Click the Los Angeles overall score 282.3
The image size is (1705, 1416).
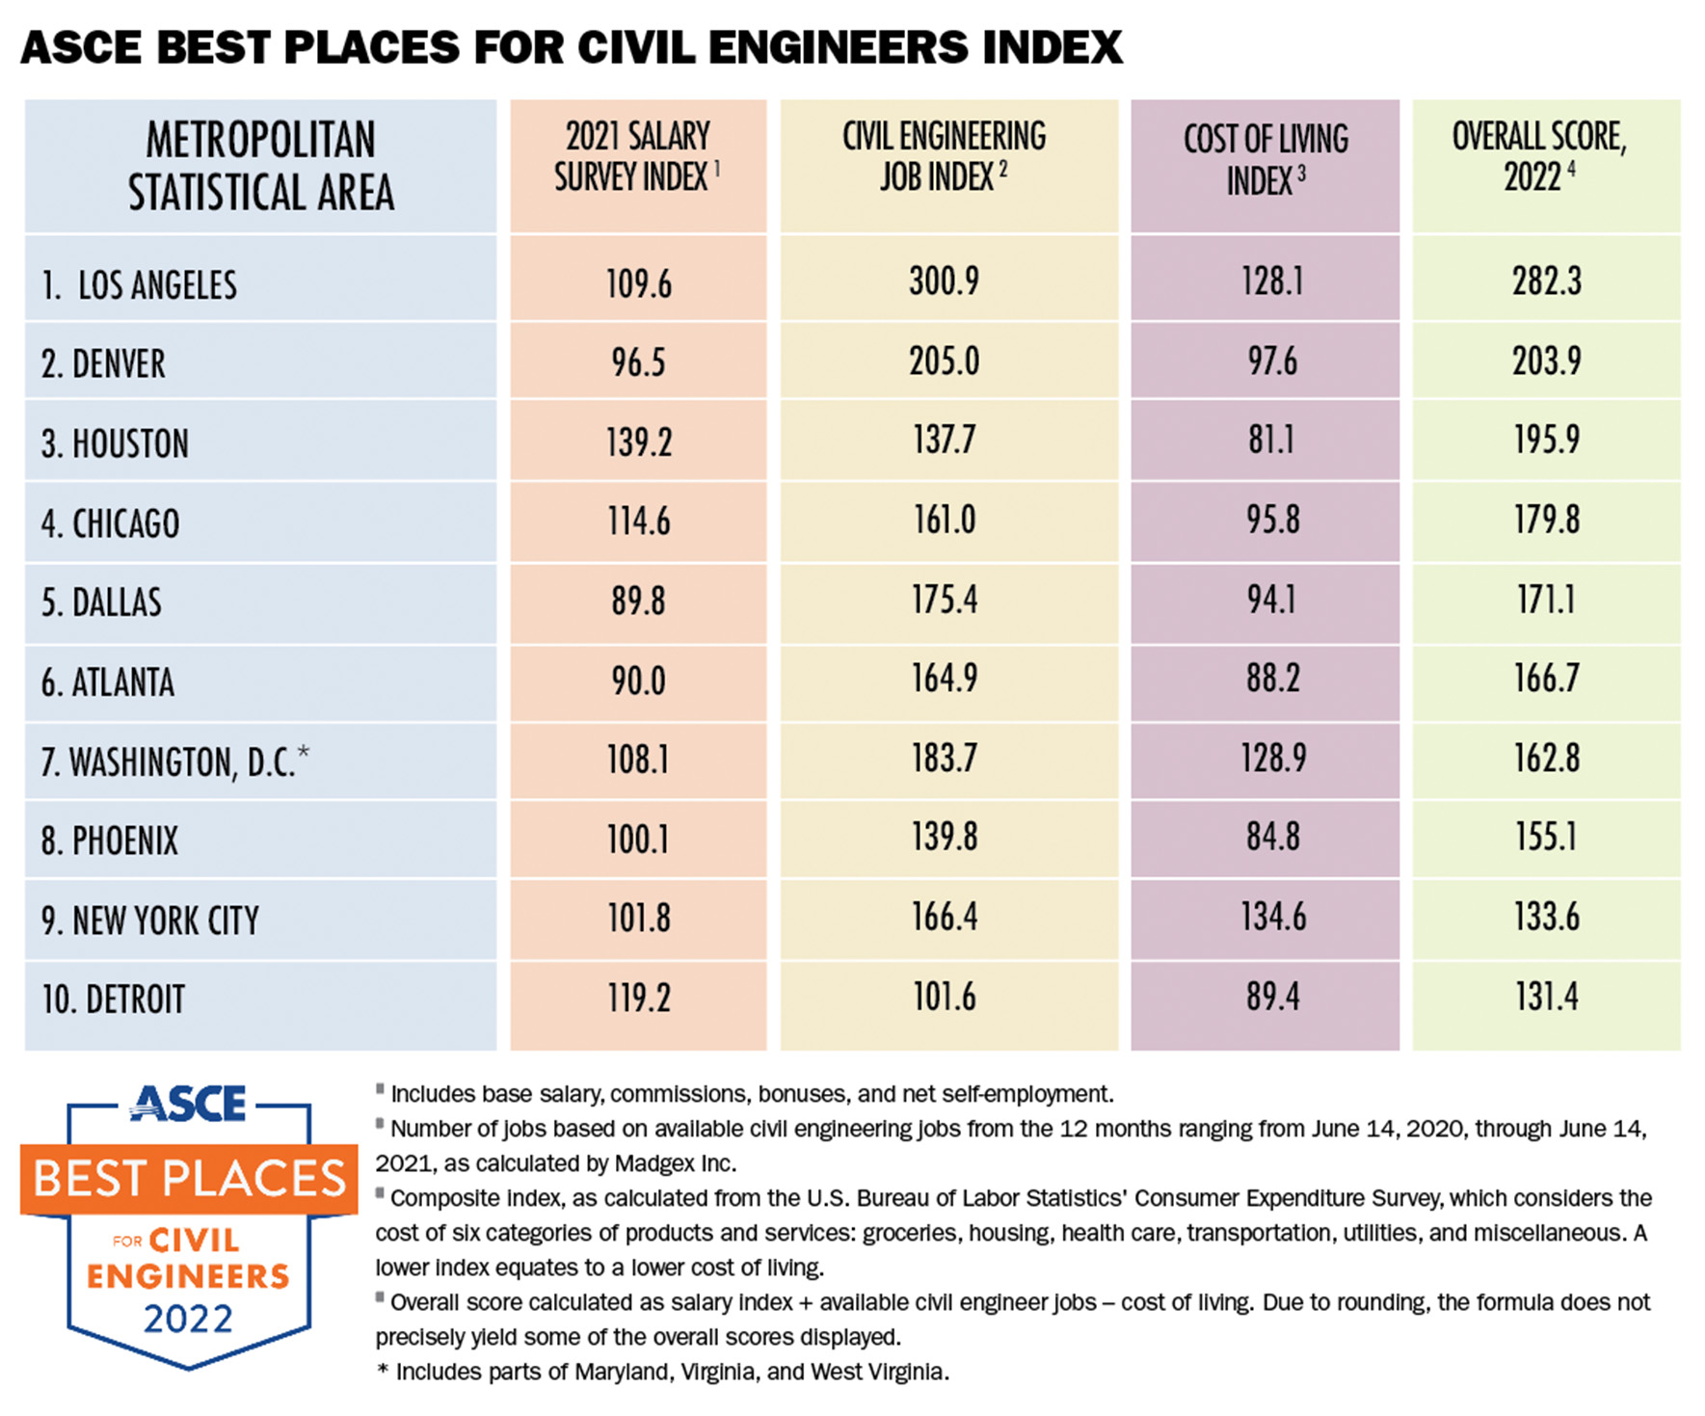1546,281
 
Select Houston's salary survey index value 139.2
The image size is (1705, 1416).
638,442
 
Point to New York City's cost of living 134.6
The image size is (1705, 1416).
1272,917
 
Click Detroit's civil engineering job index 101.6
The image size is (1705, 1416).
944,997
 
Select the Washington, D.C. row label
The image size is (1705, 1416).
174,761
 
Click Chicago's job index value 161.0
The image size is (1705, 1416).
944,521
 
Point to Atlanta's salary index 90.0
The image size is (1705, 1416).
638,681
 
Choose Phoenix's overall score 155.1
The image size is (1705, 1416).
1546,837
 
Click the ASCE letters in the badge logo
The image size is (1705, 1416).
189,1105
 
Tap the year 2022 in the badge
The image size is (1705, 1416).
189,1319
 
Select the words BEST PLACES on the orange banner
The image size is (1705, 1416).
189,1179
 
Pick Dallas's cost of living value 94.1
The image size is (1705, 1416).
1272,600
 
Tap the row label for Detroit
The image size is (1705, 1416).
113,1000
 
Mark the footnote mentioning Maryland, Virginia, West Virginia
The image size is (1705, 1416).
665,1372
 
